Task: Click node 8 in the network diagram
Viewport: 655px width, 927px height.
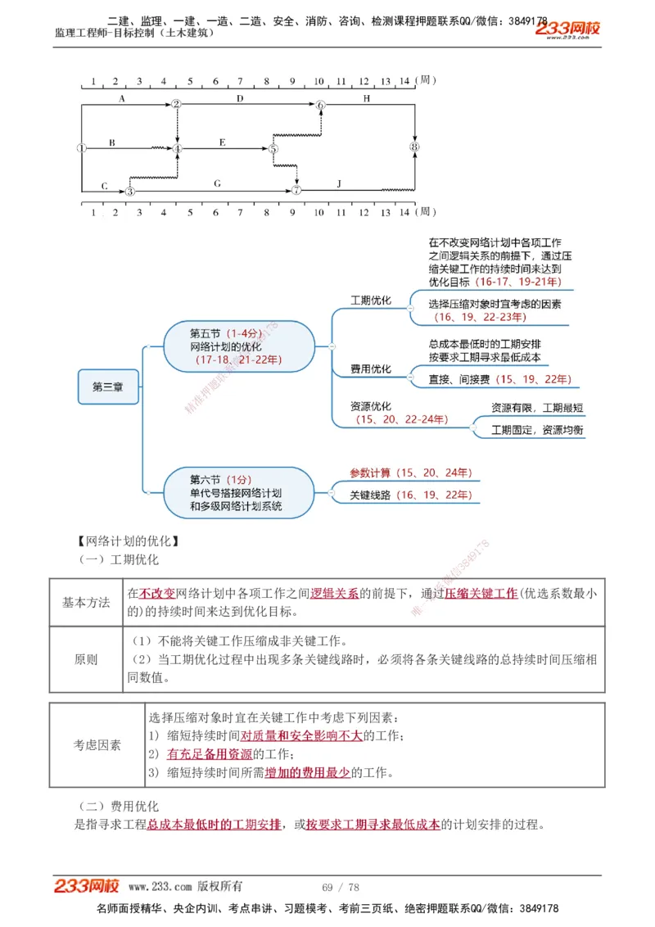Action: coord(415,147)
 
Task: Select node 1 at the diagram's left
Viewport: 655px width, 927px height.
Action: coord(81,148)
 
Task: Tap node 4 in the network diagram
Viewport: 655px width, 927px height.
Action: coord(177,148)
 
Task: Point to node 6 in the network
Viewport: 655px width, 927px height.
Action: coord(321,105)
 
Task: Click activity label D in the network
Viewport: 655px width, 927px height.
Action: coord(240,98)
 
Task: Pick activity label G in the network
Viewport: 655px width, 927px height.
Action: coord(216,184)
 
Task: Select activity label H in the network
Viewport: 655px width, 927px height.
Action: coord(366,98)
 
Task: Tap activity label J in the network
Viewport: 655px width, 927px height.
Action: coord(339,184)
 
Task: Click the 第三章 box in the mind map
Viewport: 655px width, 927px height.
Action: coord(108,387)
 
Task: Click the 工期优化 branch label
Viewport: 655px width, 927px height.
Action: coord(370,301)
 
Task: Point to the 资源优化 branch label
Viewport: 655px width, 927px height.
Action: coord(370,406)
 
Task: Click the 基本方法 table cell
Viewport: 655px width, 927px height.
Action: coord(86,602)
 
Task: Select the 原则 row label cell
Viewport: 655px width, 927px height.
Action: coord(86,659)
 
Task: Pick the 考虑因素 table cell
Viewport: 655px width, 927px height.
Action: coord(97,744)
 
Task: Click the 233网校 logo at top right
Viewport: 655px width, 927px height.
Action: coord(567,29)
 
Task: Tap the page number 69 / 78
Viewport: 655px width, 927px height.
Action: coord(341,887)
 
